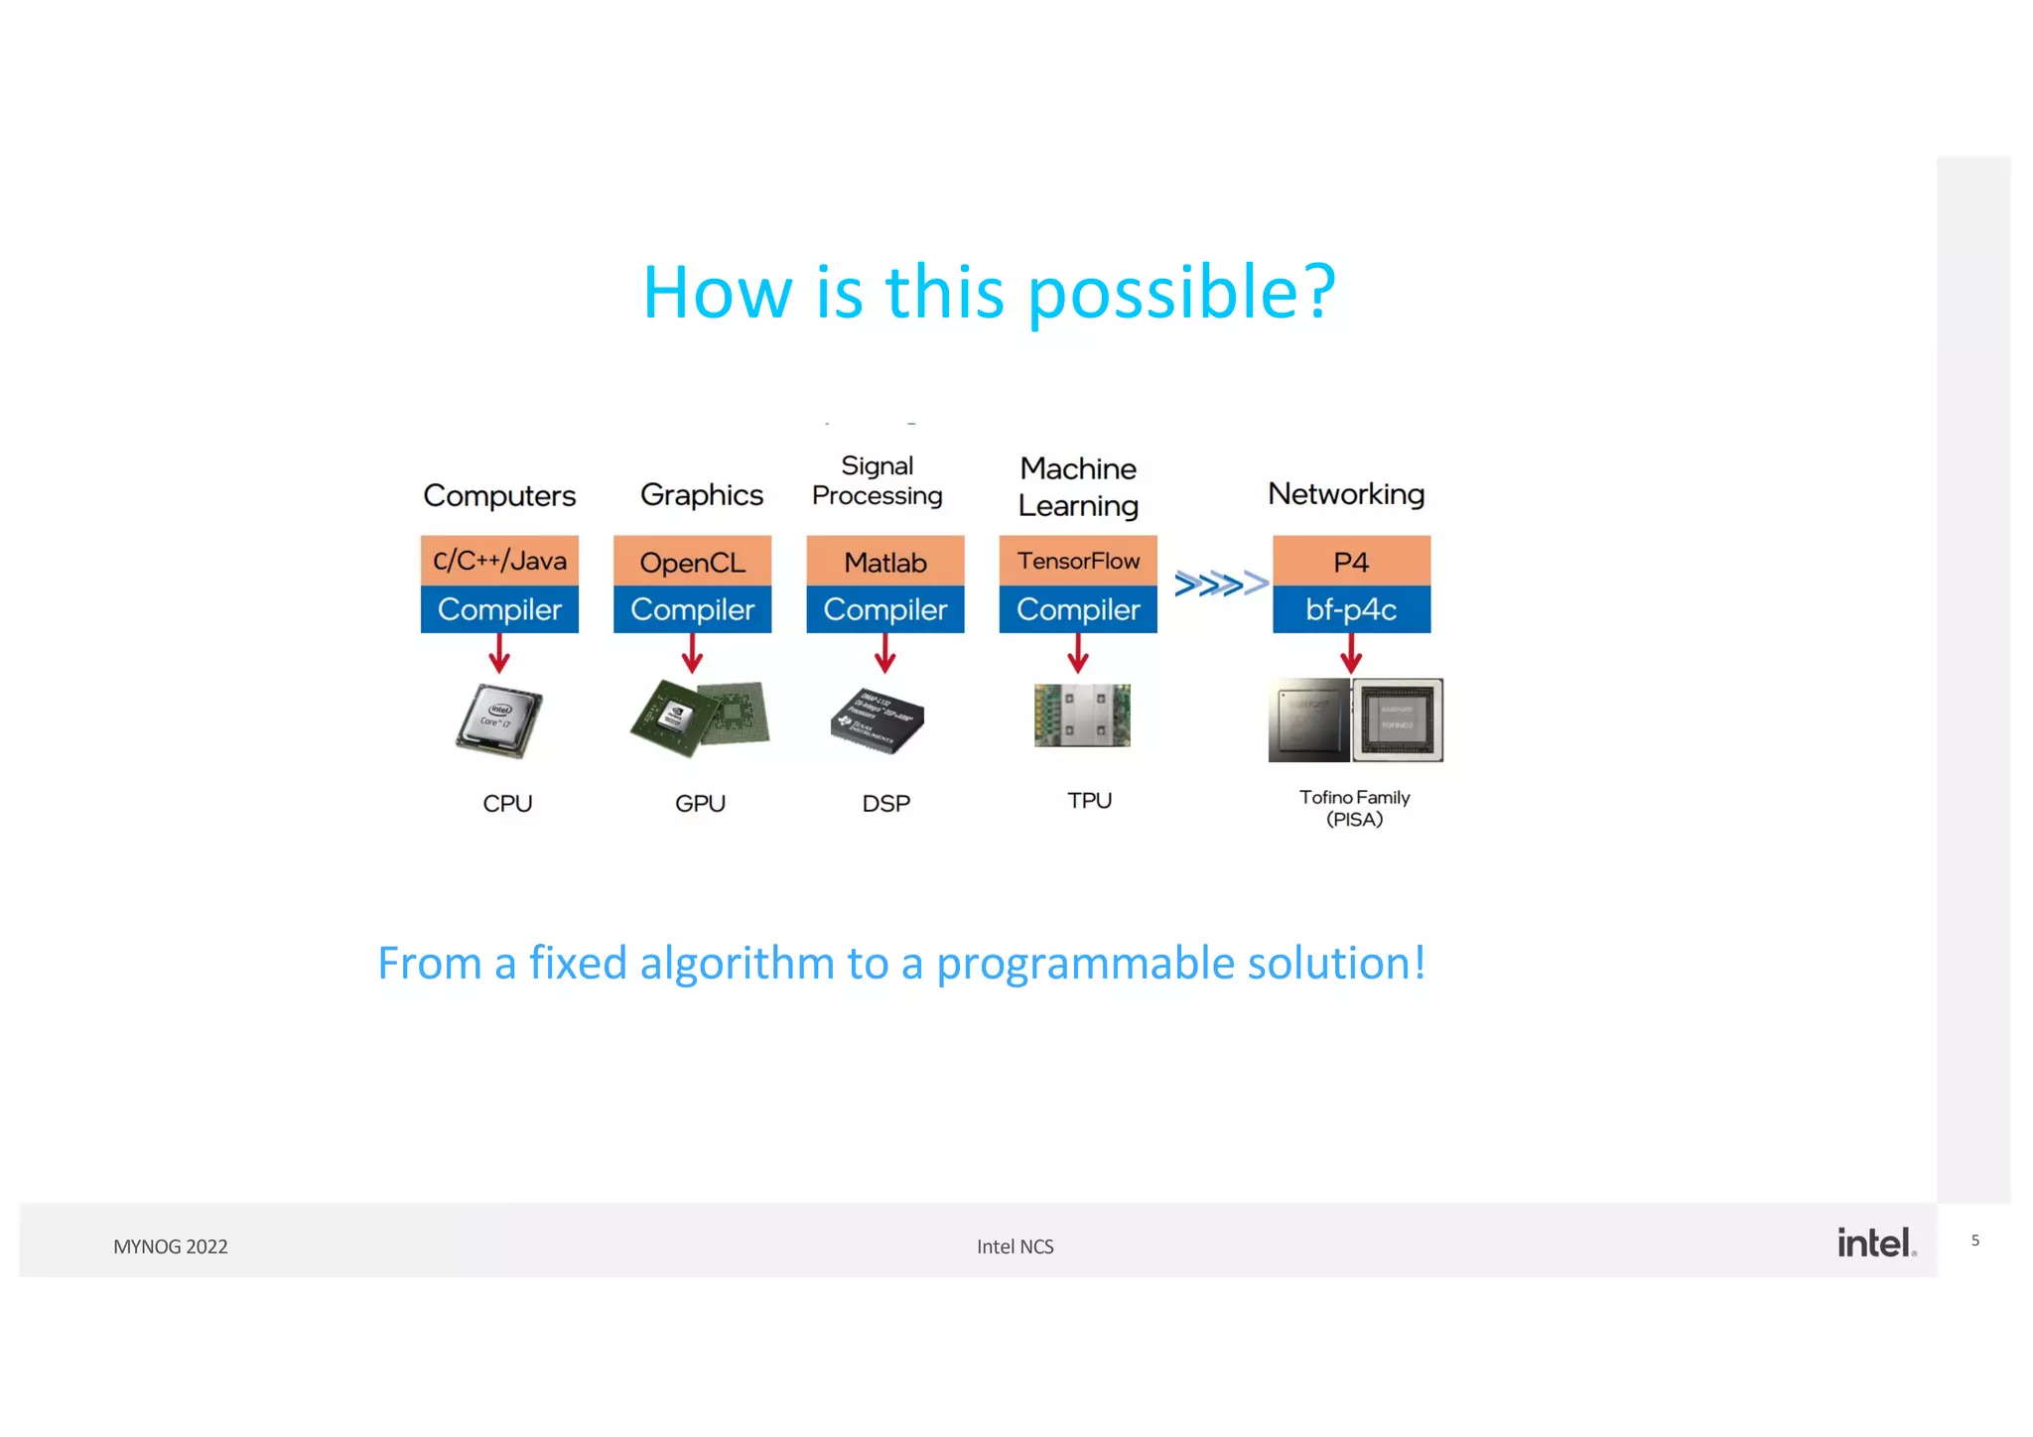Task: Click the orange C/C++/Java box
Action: [499, 561]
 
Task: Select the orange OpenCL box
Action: [692, 561]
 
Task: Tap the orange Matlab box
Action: [884, 561]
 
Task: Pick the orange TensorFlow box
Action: [1077, 561]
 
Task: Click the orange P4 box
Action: [1351, 561]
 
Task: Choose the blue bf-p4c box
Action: [1351, 609]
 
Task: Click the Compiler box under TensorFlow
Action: [1077, 609]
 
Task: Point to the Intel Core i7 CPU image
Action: [499, 720]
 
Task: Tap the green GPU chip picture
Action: [700, 718]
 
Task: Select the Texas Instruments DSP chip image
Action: [878, 719]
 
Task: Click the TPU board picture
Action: [1082, 715]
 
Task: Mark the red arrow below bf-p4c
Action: [1351, 654]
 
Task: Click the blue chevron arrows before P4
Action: [1220, 584]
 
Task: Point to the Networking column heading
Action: [1346, 493]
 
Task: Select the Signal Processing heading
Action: [877, 480]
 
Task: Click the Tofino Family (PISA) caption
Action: [1354, 808]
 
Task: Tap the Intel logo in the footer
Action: [1875, 1242]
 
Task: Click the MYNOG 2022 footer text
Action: [171, 1246]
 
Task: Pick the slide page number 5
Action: [1974, 1241]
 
